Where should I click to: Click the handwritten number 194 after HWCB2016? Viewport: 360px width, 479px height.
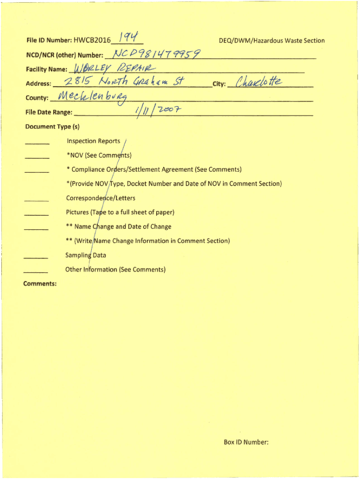click(128, 37)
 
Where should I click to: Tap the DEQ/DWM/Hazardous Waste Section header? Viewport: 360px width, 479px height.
click(272, 41)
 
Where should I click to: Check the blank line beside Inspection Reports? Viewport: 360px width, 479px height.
click(37, 143)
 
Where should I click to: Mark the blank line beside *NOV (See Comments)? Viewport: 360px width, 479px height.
click(37, 157)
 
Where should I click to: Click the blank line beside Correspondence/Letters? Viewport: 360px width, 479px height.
click(37, 200)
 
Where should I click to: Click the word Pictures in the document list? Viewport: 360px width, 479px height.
click(77, 212)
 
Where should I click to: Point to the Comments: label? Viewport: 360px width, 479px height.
click(41, 283)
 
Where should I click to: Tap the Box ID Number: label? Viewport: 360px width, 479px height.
click(246, 442)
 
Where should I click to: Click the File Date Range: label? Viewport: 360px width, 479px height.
click(49, 112)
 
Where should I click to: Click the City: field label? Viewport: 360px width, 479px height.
click(219, 84)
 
